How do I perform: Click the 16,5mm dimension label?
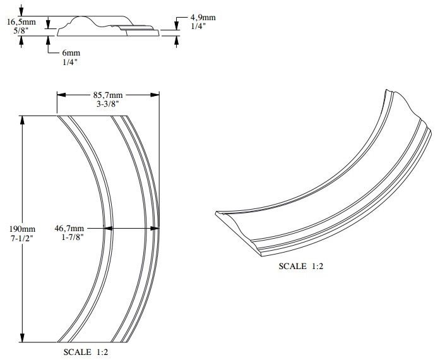(x=21, y=22)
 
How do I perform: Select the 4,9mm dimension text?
(x=203, y=17)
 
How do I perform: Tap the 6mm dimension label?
(x=71, y=53)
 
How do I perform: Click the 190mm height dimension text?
(x=23, y=229)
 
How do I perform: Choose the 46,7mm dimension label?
(x=69, y=228)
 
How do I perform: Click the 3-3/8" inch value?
(x=108, y=104)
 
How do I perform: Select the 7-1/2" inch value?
(x=23, y=238)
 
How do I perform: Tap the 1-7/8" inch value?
(x=73, y=237)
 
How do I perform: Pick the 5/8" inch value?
(x=21, y=31)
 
